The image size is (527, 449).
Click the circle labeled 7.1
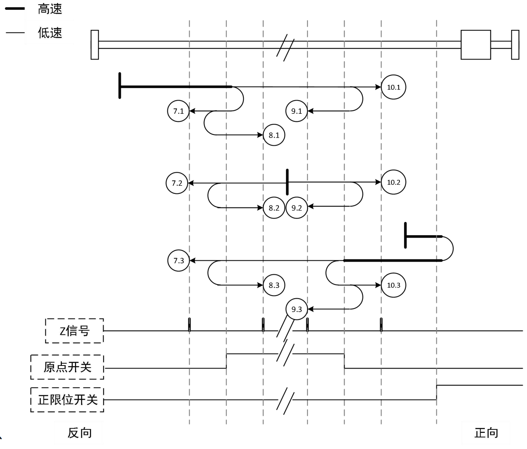(178, 111)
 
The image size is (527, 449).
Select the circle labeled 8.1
(274, 135)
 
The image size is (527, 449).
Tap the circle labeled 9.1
(296, 111)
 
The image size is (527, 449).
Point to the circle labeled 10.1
(393, 87)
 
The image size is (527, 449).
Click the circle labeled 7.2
(177, 183)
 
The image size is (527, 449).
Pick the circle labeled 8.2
(274, 208)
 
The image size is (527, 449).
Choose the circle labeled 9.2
(296, 208)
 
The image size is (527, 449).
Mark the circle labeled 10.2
(393, 182)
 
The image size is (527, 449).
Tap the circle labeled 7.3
(178, 260)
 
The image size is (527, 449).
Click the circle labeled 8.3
(274, 285)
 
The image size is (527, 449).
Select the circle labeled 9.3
(296, 309)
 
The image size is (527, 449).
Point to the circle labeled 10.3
(393, 285)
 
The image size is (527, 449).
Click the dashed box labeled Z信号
(75, 331)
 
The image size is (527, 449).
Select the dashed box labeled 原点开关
(67, 367)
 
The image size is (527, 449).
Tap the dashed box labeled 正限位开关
(67, 400)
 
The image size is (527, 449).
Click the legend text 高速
(50, 9)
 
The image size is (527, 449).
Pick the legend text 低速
(50, 33)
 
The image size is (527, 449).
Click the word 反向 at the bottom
(80, 433)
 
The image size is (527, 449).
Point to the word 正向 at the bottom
(486, 433)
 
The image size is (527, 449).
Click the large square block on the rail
(475, 44)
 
